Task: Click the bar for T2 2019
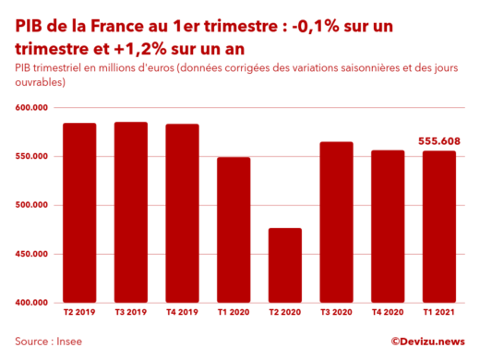[x=79, y=212]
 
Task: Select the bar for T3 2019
[x=131, y=211]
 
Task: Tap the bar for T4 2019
[x=182, y=212]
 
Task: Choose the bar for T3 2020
[x=336, y=222]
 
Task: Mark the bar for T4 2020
[x=388, y=225]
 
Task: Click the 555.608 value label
[x=439, y=141]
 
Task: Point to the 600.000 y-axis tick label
[x=32, y=108]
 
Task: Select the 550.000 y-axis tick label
[x=32, y=156]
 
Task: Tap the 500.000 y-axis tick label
[x=32, y=205]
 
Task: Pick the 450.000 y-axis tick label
[x=32, y=254]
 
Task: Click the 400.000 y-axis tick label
[x=32, y=302]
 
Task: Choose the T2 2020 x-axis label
[x=285, y=314]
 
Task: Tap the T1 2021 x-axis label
[x=439, y=314]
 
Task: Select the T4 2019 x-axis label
[x=182, y=314]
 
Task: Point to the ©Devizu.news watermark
[x=426, y=341]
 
